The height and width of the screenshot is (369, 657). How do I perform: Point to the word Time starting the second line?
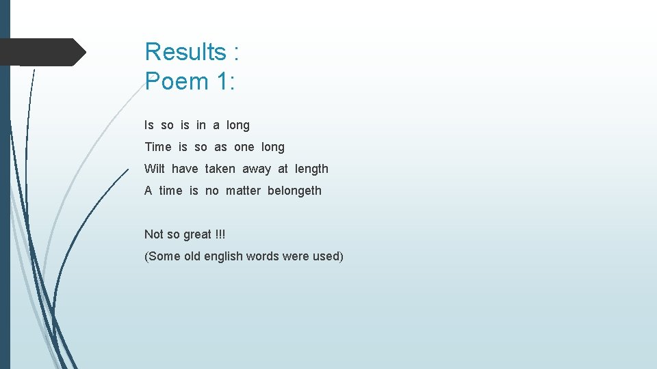(x=158, y=147)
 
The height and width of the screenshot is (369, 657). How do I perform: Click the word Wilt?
(x=155, y=169)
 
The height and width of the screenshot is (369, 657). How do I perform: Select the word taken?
(x=220, y=169)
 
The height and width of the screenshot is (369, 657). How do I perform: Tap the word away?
(x=257, y=169)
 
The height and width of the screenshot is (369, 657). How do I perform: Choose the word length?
(x=311, y=169)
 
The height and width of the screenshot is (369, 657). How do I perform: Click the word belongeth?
(x=294, y=191)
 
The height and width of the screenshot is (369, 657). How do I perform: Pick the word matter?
(x=243, y=191)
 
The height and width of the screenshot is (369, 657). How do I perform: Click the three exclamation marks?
(x=220, y=234)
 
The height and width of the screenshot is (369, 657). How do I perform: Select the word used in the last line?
(x=326, y=256)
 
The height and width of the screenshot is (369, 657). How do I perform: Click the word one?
(x=244, y=147)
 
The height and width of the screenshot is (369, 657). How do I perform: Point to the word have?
(x=185, y=169)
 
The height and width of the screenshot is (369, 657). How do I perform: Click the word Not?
(x=153, y=234)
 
